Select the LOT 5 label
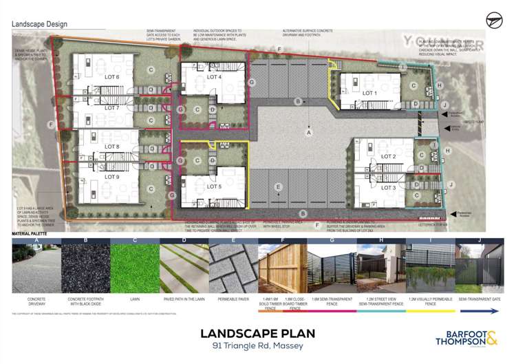click(x=214, y=186)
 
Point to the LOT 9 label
click(x=112, y=177)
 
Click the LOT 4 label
click(x=214, y=77)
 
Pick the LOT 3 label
click(x=389, y=187)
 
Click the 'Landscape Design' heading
click(x=39, y=24)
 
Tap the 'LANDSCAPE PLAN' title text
click(x=257, y=334)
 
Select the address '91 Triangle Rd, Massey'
click(x=257, y=345)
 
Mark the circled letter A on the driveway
click(x=310, y=131)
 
